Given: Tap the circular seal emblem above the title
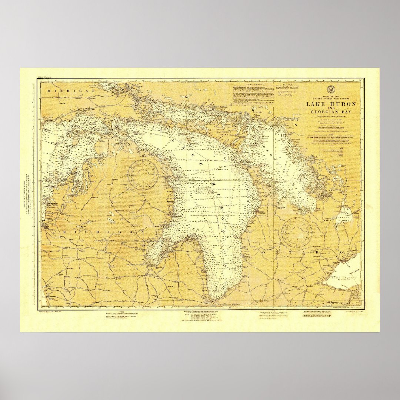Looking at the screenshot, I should [x=330, y=89].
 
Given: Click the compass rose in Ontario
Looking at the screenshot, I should [x=297, y=232].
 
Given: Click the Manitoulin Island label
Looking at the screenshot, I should [x=227, y=132].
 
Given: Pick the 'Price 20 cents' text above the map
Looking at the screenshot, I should [x=44, y=76].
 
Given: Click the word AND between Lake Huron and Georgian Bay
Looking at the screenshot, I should [x=330, y=108].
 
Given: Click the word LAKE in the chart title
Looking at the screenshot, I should [x=316, y=104].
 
